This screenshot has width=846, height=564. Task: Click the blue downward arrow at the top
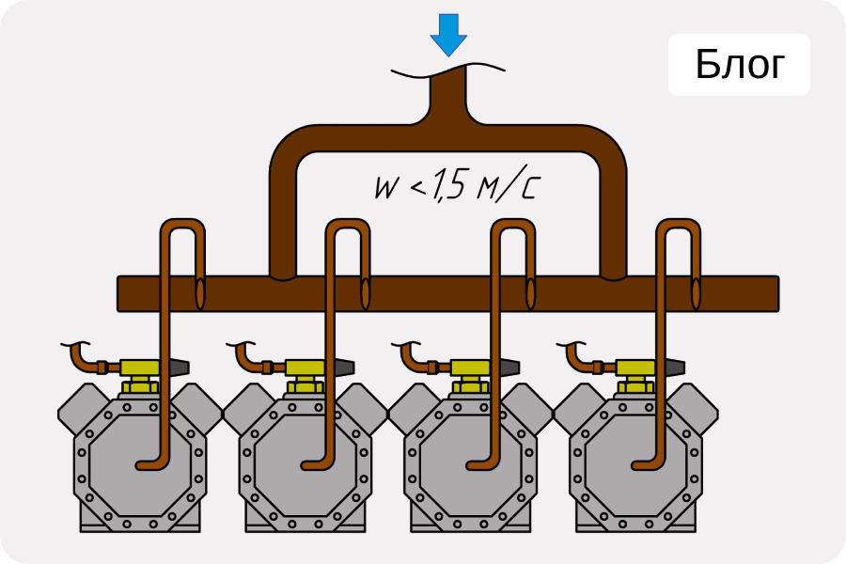(x=448, y=34)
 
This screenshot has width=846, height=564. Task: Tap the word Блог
(x=739, y=65)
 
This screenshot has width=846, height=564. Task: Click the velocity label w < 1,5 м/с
(x=456, y=186)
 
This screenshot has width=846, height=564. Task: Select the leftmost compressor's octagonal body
(x=138, y=461)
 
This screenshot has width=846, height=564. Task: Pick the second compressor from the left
(x=304, y=461)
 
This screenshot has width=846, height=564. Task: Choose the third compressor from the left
(x=469, y=461)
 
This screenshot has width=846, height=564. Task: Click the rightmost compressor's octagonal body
(x=634, y=461)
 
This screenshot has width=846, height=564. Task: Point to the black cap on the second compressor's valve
(x=341, y=367)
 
